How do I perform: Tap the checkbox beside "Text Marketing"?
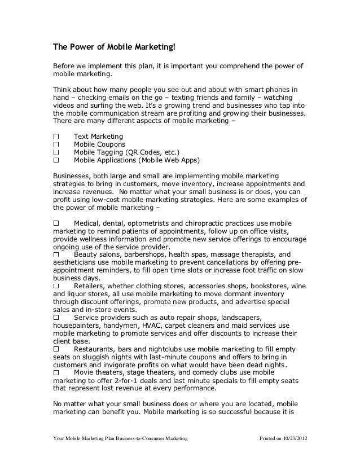tap(56, 137)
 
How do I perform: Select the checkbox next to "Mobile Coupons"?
tap(56, 144)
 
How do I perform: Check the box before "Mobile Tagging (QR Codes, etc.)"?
tap(56, 152)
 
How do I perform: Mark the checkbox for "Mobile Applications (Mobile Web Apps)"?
tap(56, 160)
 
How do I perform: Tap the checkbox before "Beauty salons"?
tap(56, 255)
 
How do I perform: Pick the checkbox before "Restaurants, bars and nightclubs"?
tap(56, 349)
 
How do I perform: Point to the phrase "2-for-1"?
tap(112, 381)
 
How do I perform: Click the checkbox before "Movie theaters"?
tap(56, 373)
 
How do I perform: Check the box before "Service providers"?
tap(56, 318)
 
